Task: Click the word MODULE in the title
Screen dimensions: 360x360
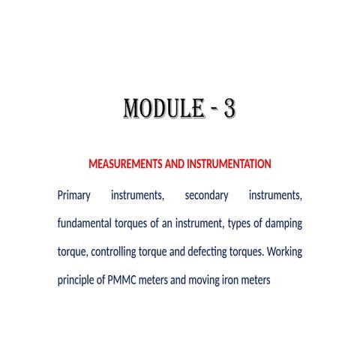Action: tap(158, 109)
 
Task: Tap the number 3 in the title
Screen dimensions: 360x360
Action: tap(229, 109)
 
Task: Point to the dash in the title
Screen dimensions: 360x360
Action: tap(206, 110)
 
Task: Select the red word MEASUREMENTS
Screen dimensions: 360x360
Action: tap(124, 163)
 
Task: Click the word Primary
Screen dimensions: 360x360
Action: tap(73, 196)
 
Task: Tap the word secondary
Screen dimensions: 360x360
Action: tap(206, 196)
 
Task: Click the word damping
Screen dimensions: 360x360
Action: tap(281, 223)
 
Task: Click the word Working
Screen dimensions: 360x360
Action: tap(285, 252)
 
